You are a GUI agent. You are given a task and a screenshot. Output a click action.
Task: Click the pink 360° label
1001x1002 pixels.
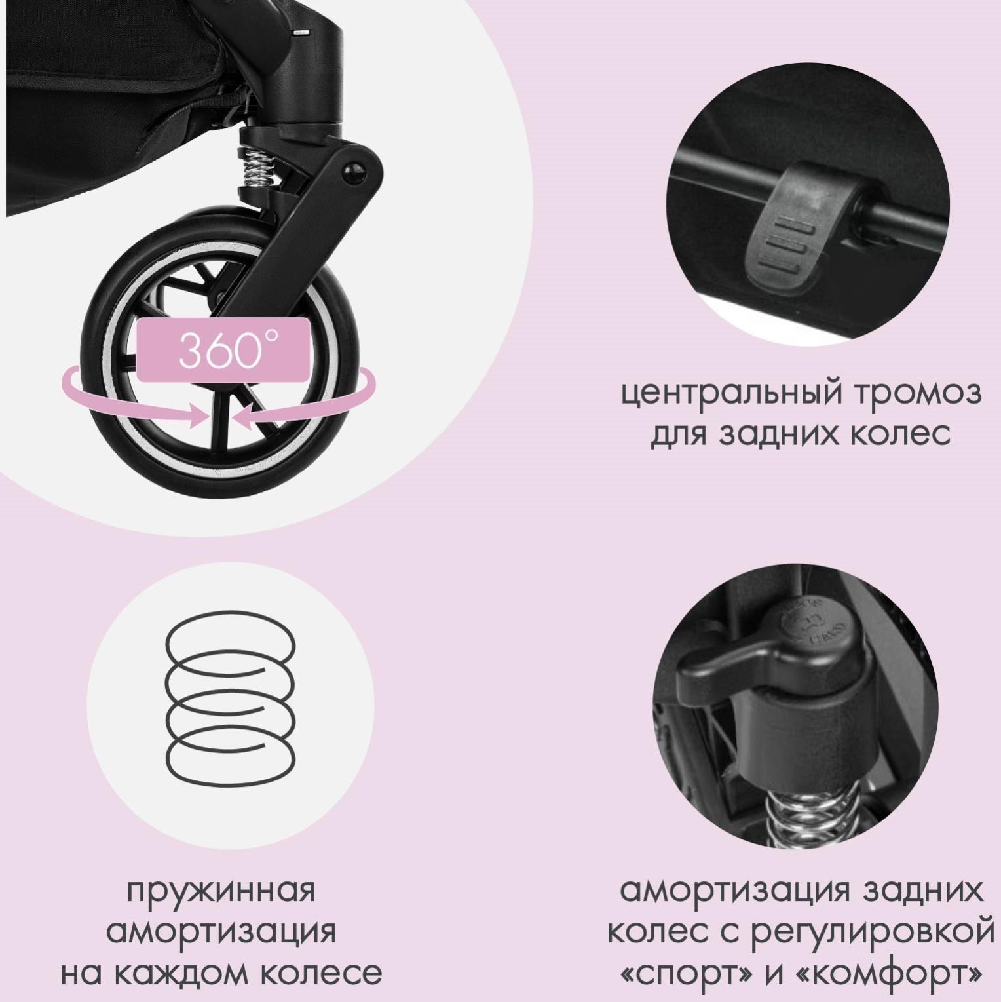click(x=223, y=351)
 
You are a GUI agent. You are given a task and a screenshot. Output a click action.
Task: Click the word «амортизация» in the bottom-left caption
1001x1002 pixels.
click(x=221, y=932)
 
